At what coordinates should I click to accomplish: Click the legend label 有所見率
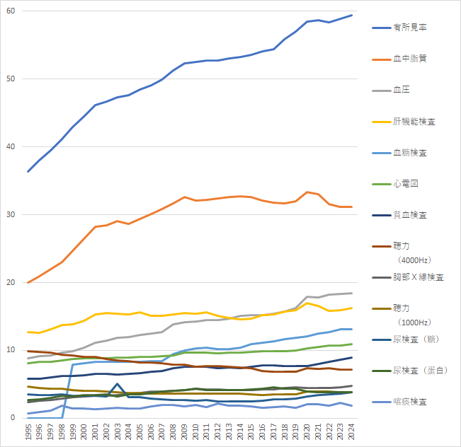pos(410,28)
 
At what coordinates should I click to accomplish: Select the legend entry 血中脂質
pos(410,59)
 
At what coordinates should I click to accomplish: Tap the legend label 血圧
pos(402,90)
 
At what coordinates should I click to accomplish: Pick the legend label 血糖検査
pos(410,152)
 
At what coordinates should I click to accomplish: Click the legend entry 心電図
pos(406,183)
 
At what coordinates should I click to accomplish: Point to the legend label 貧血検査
pos(410,214)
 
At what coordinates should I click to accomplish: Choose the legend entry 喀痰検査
pos(410,401)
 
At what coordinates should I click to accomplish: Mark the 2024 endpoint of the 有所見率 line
pos(351,15)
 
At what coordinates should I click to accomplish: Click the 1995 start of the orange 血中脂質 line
pos(28,283)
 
